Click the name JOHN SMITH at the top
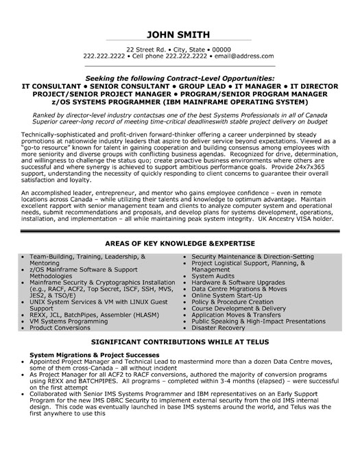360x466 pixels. pos(180,36)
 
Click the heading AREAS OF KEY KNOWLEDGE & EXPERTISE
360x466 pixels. pos(180,244)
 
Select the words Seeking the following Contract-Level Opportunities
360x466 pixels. pos(180,80)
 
